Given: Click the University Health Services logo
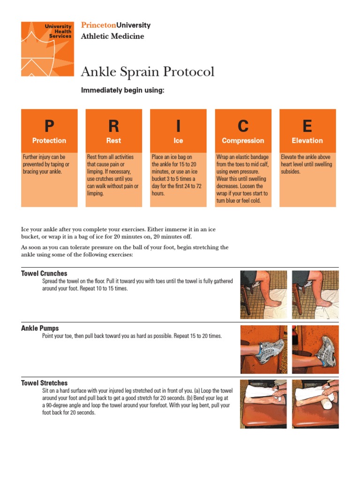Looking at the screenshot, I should point(47,49).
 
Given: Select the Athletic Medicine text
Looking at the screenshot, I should point(112,36).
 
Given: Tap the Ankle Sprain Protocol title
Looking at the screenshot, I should point(148,72).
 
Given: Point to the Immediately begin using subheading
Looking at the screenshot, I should point(123,90).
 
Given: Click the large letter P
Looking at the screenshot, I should point(49,126).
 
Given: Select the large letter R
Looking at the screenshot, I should point(113,126).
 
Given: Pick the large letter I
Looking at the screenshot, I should point(178,126).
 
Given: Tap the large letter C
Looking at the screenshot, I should point(243,126).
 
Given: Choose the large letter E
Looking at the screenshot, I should point(307,126).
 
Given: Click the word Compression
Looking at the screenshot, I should point(243,141).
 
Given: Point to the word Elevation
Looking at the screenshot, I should point(307,141).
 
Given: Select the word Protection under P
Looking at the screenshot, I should point(49,141).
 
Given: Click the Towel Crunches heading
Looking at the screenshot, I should point(44,273).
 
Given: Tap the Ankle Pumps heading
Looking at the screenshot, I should point(40,328).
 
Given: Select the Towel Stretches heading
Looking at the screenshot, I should point(44,383).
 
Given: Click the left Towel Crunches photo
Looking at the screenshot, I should point(263,295).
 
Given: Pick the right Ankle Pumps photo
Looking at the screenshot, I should point(315,349).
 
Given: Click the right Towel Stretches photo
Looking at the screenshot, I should point(315,404).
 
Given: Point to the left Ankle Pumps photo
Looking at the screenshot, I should point(263,349).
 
